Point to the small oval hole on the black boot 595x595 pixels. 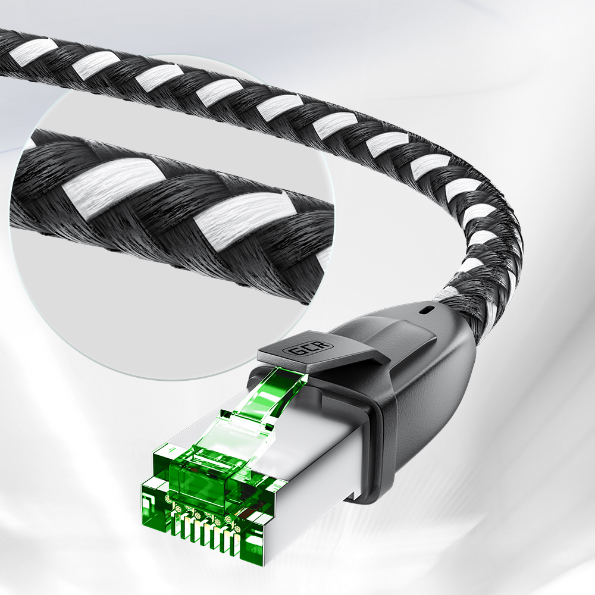[427, 310]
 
